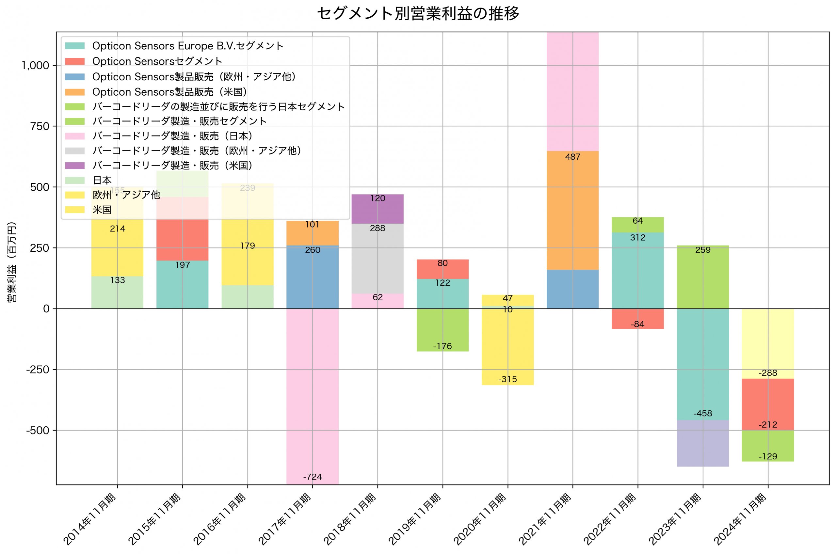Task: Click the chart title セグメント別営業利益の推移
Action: (x=418, y=13)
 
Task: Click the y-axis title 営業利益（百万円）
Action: (x=12, y=262)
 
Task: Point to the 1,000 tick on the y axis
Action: (x=35, y=65)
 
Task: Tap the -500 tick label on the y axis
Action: (x=38, y=430)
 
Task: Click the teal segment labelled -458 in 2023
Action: (x=702, y=364)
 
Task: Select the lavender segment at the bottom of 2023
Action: (x=702, y=443)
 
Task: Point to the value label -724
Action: (x=312, y=477)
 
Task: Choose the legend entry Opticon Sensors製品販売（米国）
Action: (x=169, y=92)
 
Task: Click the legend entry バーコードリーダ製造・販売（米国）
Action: (x=172, y=166)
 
